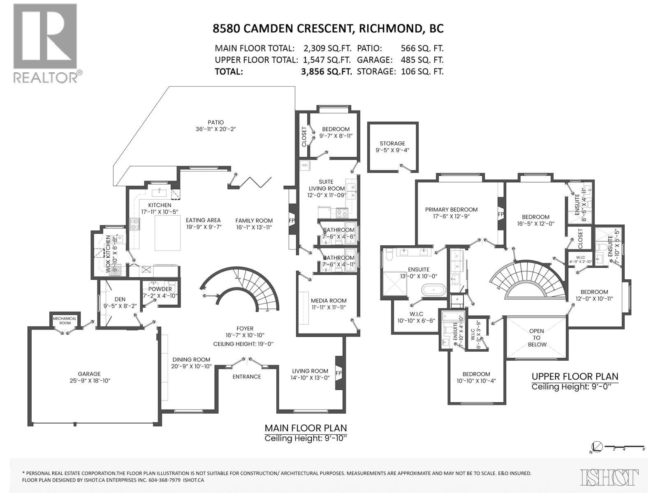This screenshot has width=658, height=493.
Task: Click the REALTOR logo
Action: tap(45, 43)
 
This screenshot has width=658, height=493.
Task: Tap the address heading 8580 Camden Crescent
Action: tap(328, 28)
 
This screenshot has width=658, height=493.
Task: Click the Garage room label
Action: tap(89, 374)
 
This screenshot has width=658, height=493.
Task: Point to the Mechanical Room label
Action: tap(65, 320)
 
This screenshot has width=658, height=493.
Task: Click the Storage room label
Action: tap(392, 143)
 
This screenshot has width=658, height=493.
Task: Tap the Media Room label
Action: tap(329, 300)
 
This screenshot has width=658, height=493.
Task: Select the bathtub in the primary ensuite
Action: tap(433, 290)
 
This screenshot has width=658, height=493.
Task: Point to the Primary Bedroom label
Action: tap(451, 210)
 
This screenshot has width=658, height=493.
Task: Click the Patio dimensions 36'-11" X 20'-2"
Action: tap(216, 129)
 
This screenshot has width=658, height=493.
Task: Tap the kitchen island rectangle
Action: tap(168, 233)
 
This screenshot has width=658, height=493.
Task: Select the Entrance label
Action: tap(246, 376)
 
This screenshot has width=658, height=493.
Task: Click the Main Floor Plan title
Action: tap(306, 428)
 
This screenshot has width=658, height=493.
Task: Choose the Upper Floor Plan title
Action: tap(575, 376)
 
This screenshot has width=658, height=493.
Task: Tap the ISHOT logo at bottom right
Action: tap(609, 477)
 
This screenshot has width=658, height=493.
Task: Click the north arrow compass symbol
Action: tap(597, 447)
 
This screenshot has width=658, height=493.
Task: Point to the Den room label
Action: tap(120, 299)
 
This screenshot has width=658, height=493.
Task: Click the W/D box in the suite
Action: tap(305, 165)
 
